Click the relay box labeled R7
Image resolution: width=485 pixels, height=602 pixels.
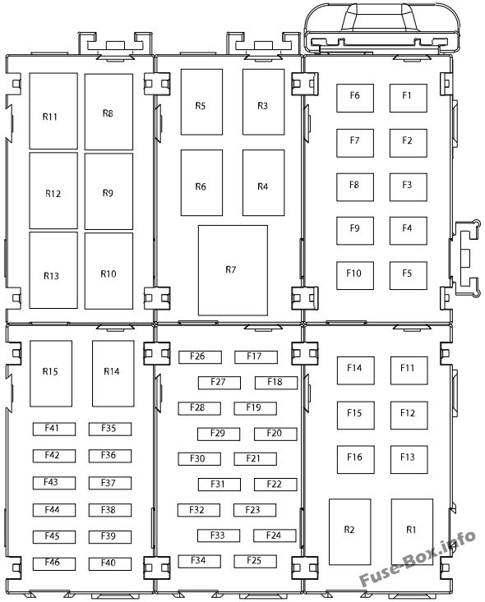[x=233, y=270]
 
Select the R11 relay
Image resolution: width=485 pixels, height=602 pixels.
[x=53, y=111]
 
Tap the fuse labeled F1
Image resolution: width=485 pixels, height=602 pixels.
[x=408, y=98]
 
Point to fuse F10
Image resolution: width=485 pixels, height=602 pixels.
[x=355, y=276]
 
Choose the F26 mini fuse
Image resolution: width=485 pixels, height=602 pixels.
[x=200, y=357]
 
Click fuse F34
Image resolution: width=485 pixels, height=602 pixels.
[x=199, y=561]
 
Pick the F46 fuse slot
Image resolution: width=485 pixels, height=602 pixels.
[x=53, y=563]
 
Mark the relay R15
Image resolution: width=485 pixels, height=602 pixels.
[x=51, y=373]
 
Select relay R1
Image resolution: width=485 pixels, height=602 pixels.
[x=412, y=531]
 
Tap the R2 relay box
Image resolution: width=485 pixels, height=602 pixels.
[x=349, y=531]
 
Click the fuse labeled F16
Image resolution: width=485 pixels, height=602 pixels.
[x=355, y=460]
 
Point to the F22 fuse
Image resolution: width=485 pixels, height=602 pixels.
[x=275, y=485]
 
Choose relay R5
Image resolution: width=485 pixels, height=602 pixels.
[x=201, y=102]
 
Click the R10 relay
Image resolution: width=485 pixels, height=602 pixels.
[x=109, y=271]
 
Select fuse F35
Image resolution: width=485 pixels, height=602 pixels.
[x=110, y=430]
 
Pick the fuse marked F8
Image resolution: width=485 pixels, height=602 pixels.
[x=355, y=187]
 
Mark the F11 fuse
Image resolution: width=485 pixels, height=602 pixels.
[x=409, y=370]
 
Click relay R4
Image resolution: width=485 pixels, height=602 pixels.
[x=263, y=183]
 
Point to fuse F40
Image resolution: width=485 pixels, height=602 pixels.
[x=110, y=563]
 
